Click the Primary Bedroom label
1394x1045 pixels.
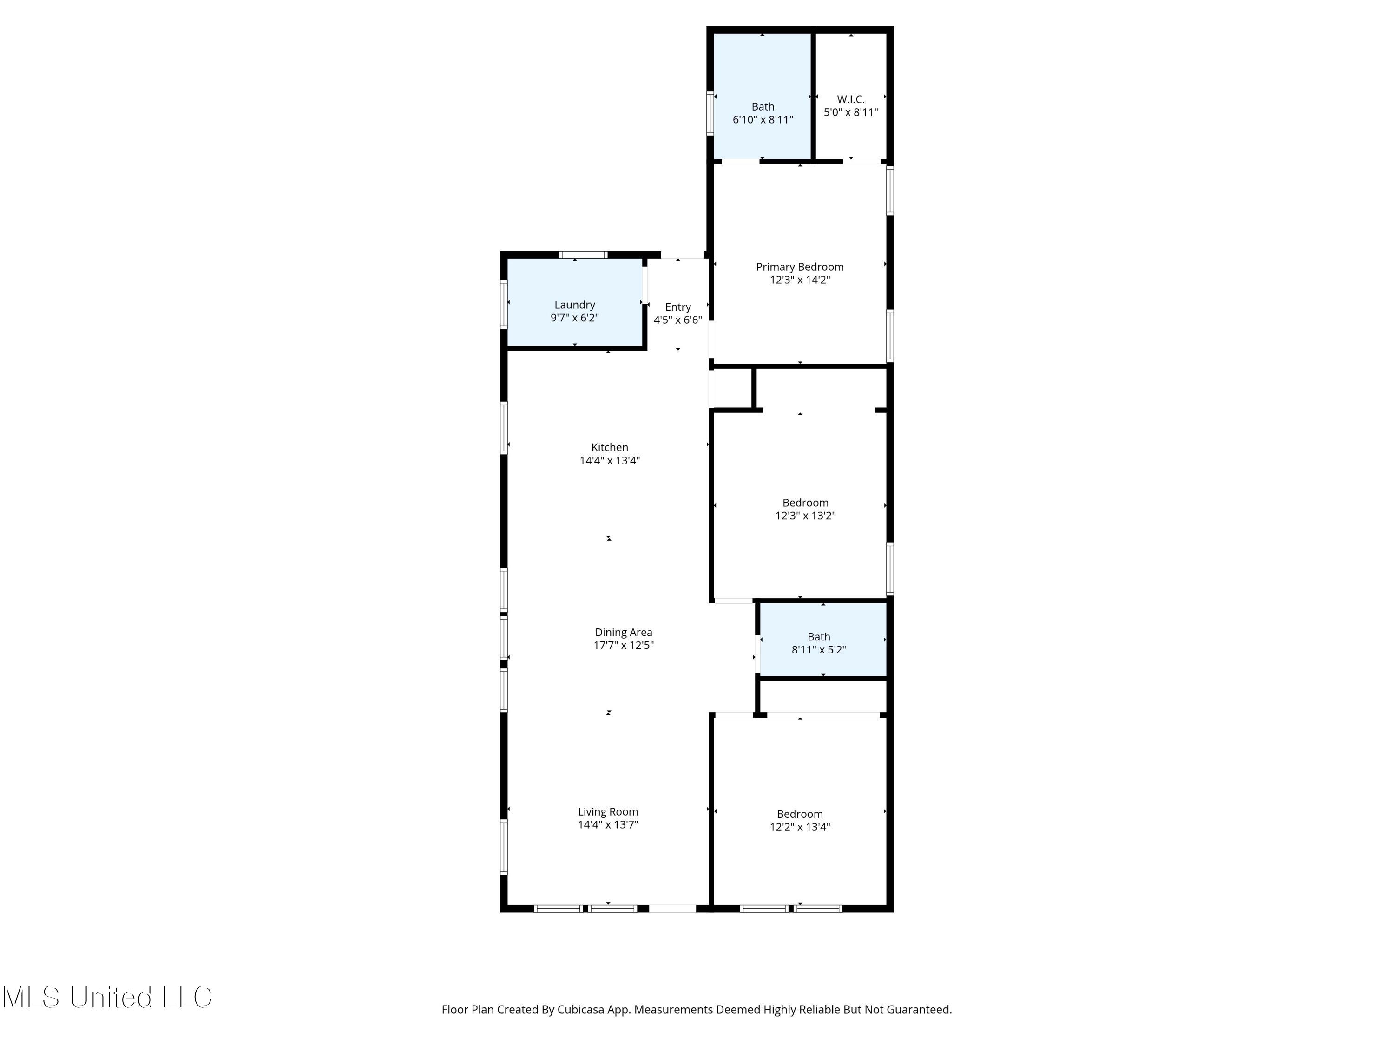tap(799, 267)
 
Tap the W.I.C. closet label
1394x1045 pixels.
tap(850, 99)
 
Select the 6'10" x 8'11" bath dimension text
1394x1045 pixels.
tap(762, 120)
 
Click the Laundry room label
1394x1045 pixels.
tap(574, 305)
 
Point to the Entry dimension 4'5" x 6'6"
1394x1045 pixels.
tap(677, 320)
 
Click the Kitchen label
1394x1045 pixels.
tap(609, 447)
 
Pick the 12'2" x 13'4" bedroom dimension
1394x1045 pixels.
tap(799, 827)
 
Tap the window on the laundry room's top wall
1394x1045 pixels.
tap(583, 255)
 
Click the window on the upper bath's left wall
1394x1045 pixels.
tap(710, 113)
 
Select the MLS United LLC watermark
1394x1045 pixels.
tap(107, 997)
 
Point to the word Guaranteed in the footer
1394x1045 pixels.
tap(918, 1010)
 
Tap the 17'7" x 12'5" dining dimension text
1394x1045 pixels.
tap(623, 645)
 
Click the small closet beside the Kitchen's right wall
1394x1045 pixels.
tap(732, 389)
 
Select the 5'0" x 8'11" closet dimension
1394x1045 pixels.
tap(850, 112)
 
